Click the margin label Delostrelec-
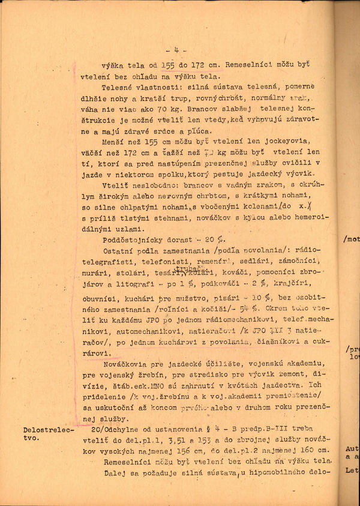48,430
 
